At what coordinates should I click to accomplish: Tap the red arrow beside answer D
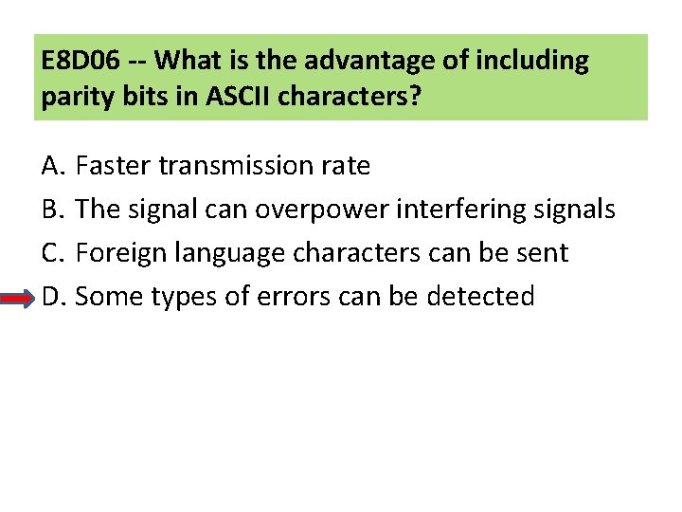[x=19, y=297]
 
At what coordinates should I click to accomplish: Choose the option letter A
[x=51, y=166]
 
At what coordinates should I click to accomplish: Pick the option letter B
[x=51, y=210]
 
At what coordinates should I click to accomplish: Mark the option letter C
[x=51, y=253]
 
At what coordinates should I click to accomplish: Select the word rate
[x=346, y=166]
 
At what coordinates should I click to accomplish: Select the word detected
[x=480, y=297]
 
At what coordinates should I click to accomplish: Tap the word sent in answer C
[x=544, y=253]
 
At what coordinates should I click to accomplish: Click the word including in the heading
[x=534, y=62]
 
